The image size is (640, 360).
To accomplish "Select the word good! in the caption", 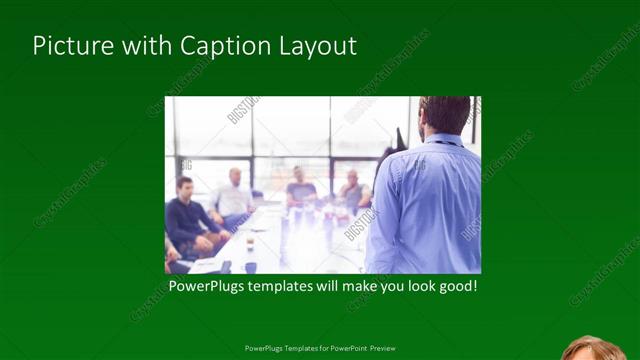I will pyautogui.click(x=456, y=287).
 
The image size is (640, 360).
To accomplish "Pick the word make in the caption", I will pyautogui.click(x=351, y=287).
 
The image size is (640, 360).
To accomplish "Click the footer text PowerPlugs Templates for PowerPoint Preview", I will pyautogui.click(x=320, y=348).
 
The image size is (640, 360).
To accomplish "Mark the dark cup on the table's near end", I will pyautogui.click(x=249, y=266).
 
